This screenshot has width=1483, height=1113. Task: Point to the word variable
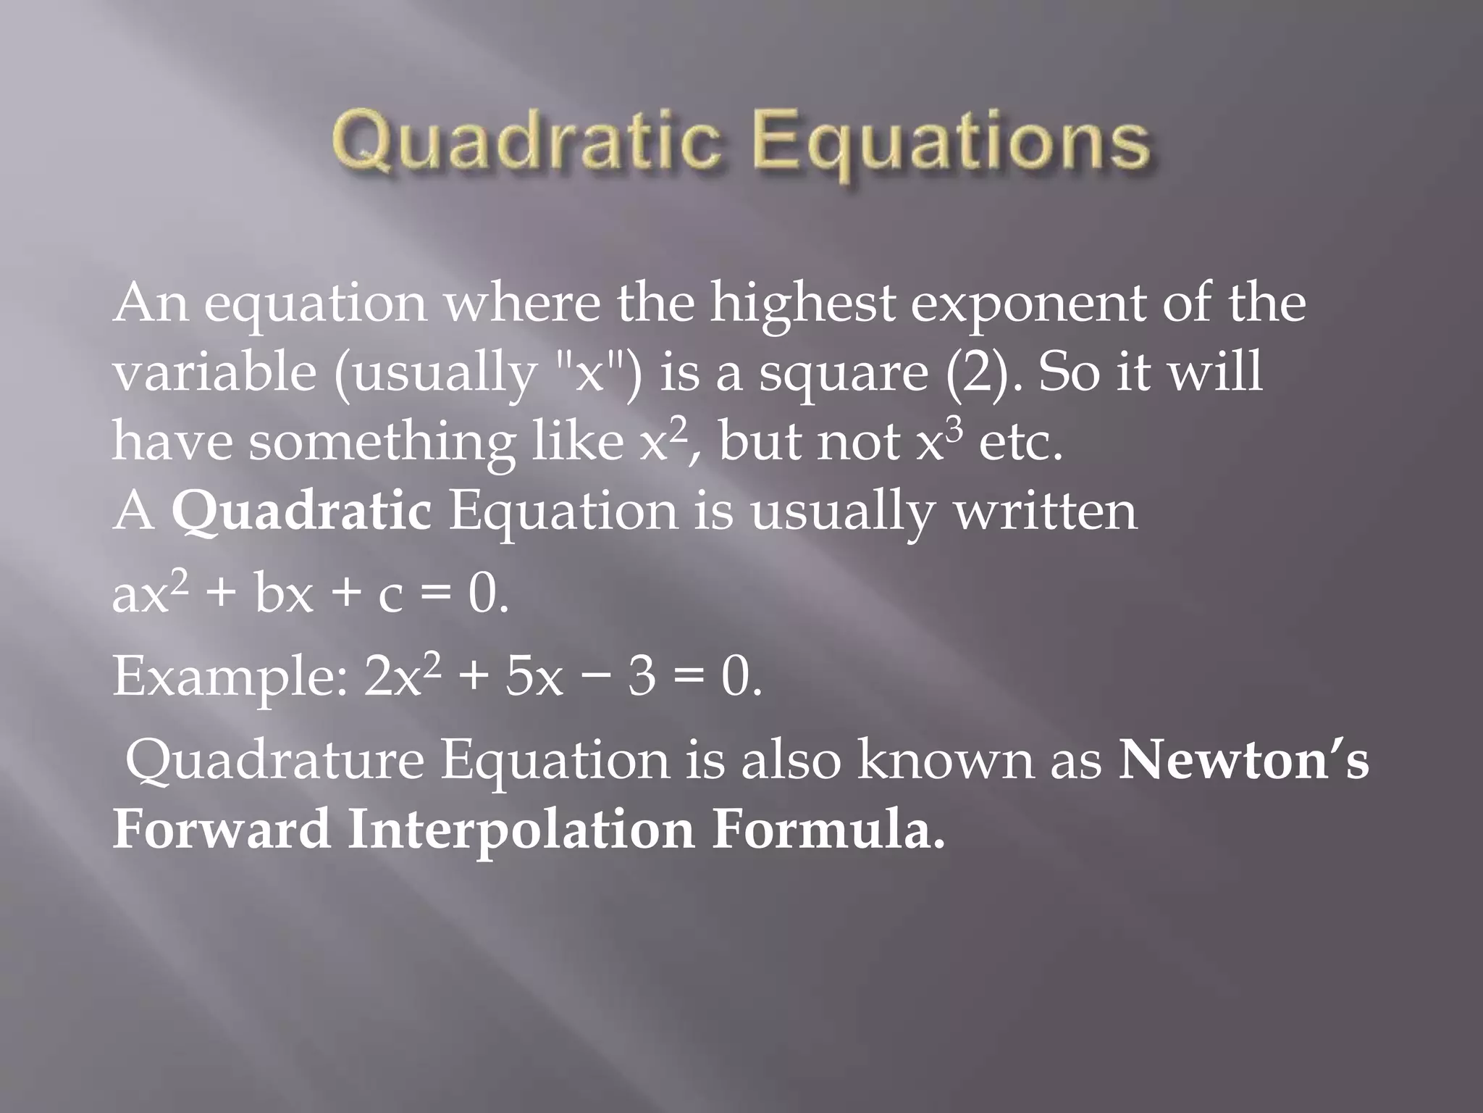point(214,372)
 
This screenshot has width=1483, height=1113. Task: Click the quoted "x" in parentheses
point(589,372)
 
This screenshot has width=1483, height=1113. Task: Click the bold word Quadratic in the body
point(301,512)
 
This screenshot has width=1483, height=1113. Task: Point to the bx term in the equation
point(284,594)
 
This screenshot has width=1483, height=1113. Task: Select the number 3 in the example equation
point(642,678)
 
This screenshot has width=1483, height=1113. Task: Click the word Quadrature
point(274,761)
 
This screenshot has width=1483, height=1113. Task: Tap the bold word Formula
point(828,830)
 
